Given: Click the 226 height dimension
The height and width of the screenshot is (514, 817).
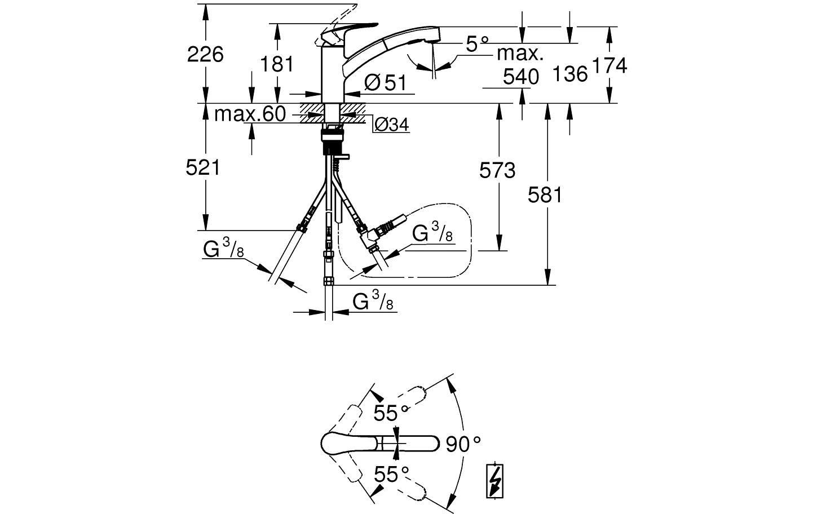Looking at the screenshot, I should pos(205,55).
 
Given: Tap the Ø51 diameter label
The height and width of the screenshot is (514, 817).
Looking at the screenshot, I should pos(385,83).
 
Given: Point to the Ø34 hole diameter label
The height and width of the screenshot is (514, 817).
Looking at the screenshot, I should pos(391,125).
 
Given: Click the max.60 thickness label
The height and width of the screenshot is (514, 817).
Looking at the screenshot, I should pos(250,114).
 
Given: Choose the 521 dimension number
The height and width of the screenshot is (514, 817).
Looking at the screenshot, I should pos(203,167).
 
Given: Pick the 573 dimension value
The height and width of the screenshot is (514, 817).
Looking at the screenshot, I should pos(497,170).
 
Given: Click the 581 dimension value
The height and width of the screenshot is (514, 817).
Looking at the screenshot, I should pos(545,195).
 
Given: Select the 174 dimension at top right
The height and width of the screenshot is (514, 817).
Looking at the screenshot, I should pos(610,66).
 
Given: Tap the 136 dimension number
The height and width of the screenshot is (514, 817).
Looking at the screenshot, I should pos(570,74).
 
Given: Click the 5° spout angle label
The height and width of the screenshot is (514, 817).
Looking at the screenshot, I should pos(476,43).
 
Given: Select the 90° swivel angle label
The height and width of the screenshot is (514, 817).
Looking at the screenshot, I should pos(463,444).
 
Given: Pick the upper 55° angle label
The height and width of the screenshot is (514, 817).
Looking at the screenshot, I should pos(391,413).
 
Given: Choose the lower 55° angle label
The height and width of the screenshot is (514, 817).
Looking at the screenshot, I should pos(391,474).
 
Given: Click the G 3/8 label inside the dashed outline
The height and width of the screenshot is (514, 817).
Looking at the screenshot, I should pos(432,233).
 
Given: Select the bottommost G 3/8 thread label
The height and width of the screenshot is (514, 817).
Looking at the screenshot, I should pos(373,303).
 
